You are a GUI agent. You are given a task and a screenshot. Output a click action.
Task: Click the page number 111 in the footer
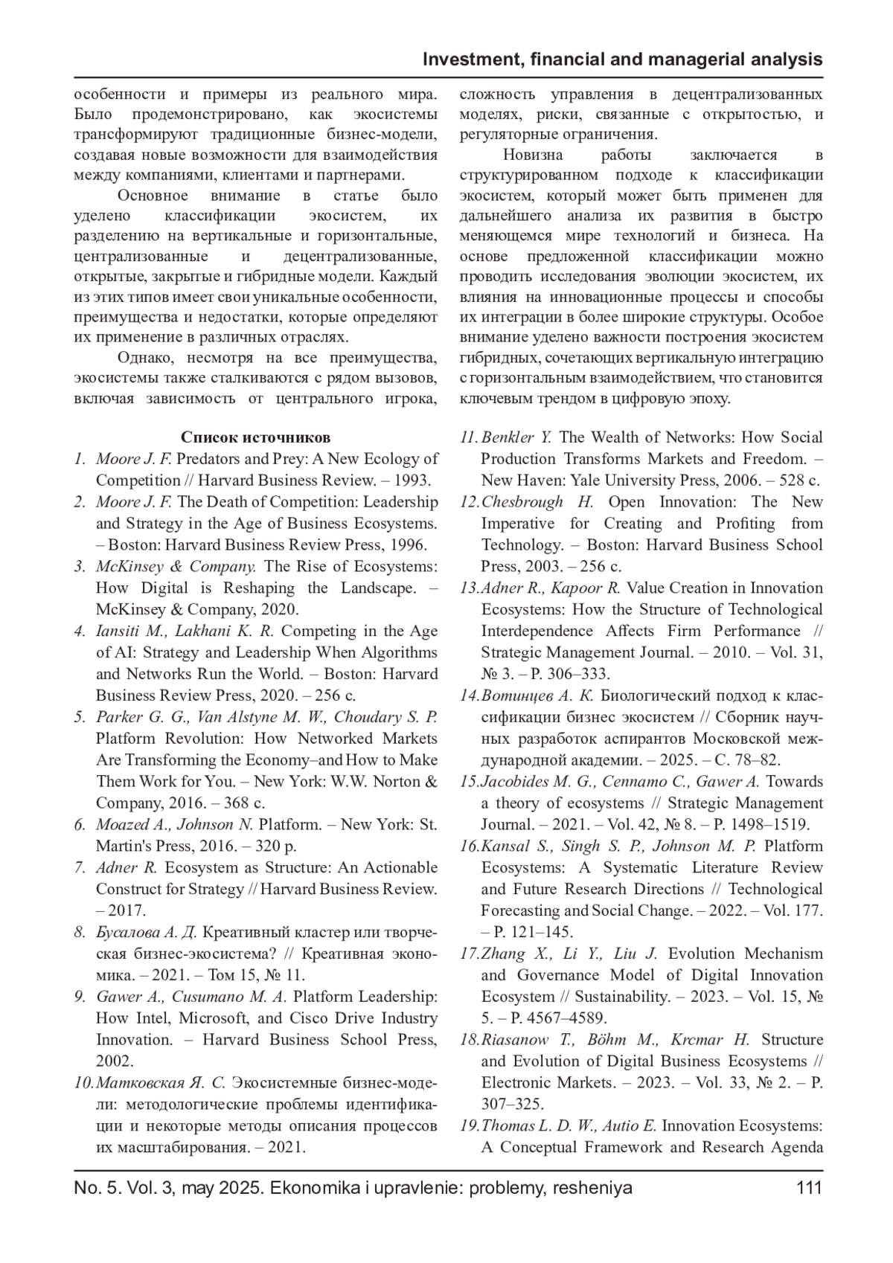(x=809, y=1188)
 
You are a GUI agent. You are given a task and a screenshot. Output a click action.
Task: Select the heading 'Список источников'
(x=256, y=437)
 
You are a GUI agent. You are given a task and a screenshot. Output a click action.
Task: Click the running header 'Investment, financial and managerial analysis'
(x=622, y=60)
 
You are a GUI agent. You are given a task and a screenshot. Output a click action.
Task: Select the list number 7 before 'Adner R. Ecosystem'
(x=79, y=868)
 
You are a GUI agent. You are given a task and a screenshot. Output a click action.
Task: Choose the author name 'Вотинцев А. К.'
(x=537, y=696)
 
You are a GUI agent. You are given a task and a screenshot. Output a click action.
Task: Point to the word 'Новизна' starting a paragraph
(x=533, y=155)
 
